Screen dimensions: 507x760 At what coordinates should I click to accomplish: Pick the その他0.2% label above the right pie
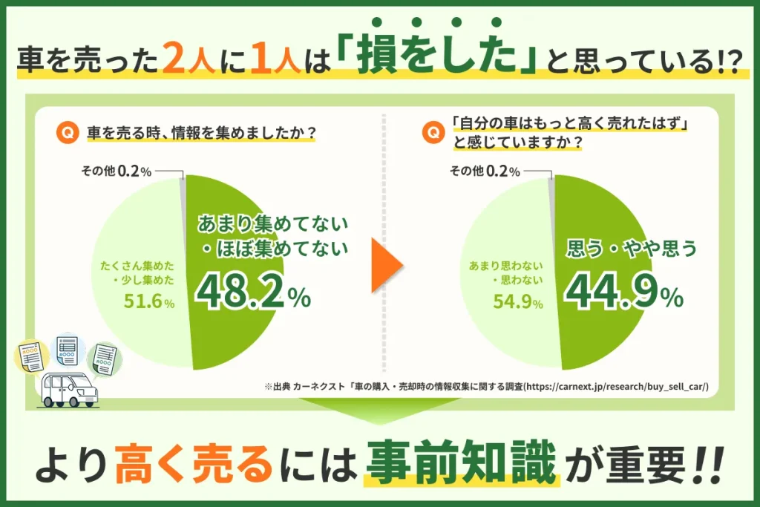point(484,171)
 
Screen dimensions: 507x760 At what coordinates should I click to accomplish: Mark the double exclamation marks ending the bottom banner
point(705,463)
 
